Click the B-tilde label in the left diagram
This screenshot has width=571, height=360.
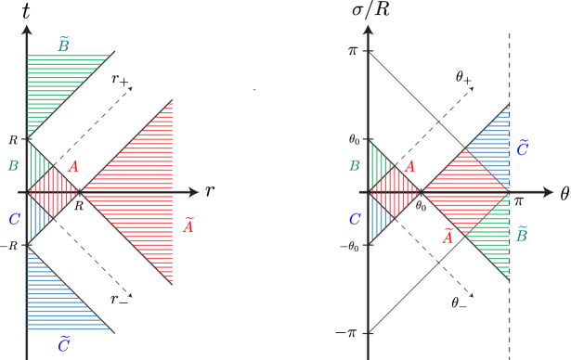[x=63, y=45]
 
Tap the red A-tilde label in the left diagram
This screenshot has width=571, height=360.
[x=188, y=225]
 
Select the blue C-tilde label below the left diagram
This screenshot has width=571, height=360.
[x=63, y=344]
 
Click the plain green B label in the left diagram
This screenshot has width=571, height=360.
[x=13, y=166]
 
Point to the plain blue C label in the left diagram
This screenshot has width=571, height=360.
[x=14, y=219]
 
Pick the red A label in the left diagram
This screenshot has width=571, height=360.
[x=73, y=167]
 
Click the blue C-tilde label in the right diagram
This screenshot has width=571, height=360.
[x=522, y=148]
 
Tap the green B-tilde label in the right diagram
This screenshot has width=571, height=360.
[x=521, y=235]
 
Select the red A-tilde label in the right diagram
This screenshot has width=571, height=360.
[x=448, y=237]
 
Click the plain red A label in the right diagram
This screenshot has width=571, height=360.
[x=409, y=167]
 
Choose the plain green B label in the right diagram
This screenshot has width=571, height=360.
[x=354, y=166]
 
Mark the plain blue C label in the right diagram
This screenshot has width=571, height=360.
[x=354, y=219]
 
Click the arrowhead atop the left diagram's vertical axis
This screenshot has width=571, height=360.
[x=26, y=29]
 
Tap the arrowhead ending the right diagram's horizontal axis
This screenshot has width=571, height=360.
[x=549, y=192]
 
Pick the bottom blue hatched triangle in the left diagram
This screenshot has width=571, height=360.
[x=56, y=302]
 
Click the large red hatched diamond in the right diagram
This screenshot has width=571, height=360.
[x=464, y=192]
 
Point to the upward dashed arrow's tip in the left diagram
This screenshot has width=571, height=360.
[x=130, y=89]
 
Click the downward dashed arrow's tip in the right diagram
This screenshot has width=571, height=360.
[x=472, y=295]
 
